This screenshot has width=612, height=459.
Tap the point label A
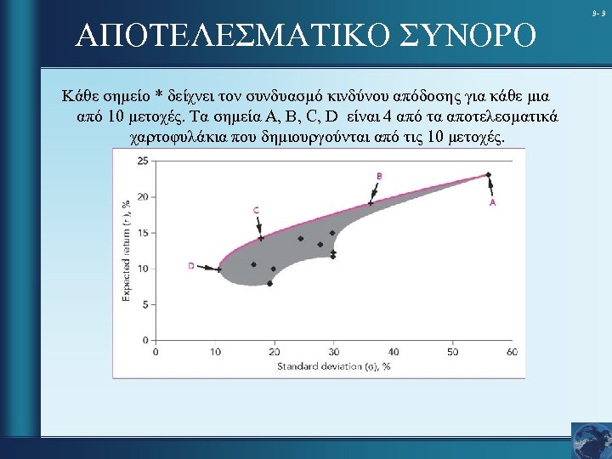(492, 204)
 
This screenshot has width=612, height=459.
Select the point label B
(378, 176)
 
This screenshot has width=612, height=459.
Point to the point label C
(256, 210)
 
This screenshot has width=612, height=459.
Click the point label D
(190, 266)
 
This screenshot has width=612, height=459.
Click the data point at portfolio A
(488, 175)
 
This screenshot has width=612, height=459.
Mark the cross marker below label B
(371, 204)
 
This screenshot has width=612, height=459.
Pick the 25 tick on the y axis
(142, 161)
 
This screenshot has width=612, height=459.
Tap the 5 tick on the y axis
(144, 304)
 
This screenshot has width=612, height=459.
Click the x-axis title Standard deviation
(333, 366)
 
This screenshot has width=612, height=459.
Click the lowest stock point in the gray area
(270, 284)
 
